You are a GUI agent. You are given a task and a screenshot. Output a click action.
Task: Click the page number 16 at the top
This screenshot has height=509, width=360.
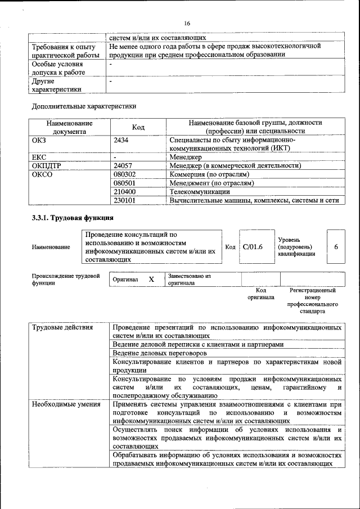[x=186, y=23]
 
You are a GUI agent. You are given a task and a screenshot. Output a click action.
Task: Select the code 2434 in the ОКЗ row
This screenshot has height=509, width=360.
[x=121, y=139]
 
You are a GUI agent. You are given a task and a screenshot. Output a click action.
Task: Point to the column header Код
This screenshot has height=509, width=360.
[x=138, y=127]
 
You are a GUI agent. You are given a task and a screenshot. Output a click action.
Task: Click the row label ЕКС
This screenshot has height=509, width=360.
[x=39, y=157]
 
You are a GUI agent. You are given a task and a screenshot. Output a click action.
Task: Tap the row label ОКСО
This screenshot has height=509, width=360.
[x=42, y=175]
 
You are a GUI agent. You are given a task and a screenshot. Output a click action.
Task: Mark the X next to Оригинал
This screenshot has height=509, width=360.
[x=151, y=279]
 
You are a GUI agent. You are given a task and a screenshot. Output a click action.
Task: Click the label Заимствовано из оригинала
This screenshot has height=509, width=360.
[x=189, y=280]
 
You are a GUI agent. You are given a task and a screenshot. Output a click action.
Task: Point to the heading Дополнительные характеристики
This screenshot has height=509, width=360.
[x=84, y=106]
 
